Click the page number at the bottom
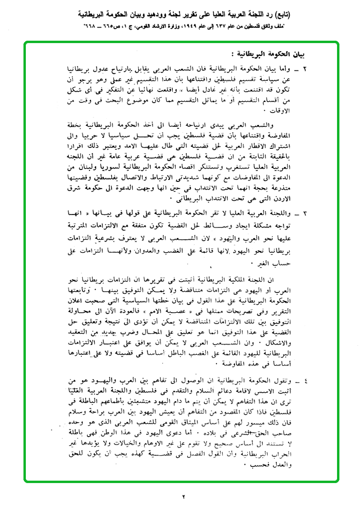point(182,497)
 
